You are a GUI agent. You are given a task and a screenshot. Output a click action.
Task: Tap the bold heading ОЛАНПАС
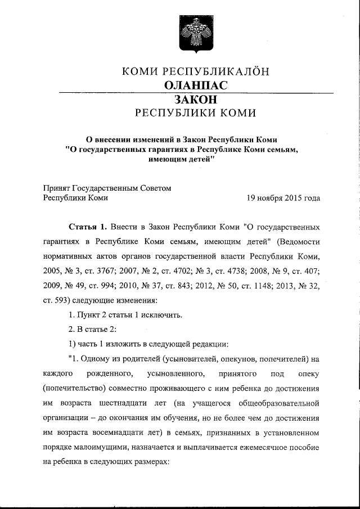[x=195, y=85]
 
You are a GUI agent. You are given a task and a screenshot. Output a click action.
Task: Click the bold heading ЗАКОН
[x=195, y=99]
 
